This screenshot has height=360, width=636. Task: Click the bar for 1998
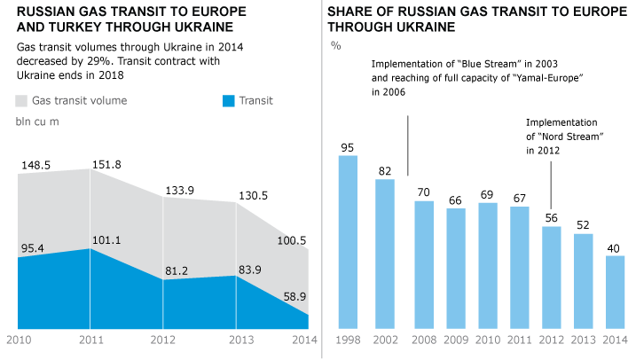click(x=349, y=241)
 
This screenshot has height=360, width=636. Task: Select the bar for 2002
click(x=385, y=254)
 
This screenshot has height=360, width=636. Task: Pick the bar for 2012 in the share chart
click(x=552, y=278)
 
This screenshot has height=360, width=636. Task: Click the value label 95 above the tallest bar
click(x=349, y=147)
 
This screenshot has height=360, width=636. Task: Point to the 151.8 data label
click(x=106, y=163)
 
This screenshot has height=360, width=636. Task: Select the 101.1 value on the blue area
click(x=106, y=239)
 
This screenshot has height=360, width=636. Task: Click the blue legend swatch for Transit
click(x=229, y=101)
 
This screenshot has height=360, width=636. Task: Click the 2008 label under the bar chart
click(x=424, y=340)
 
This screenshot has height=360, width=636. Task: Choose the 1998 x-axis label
click(x=349, y=340)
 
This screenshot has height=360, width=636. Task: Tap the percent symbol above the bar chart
click(x=335, y=44)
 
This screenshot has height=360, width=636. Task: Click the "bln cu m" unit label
click(x=38, y=121)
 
